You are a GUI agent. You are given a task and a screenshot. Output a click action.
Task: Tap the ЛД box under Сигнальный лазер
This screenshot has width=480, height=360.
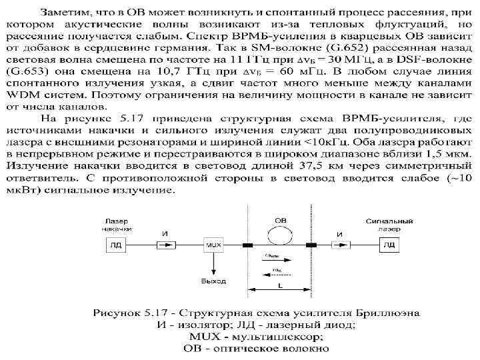[x=388, y=245]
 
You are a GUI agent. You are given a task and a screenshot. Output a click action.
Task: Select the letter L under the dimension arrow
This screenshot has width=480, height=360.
[x=280, y=284]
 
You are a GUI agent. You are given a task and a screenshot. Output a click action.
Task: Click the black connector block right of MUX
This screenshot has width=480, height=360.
[x=247, y=245]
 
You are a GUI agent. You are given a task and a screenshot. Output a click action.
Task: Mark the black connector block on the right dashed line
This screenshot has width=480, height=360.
[x=311, y=245]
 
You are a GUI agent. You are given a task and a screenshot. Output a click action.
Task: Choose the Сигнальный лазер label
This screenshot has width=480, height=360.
[x=387, y=224]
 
